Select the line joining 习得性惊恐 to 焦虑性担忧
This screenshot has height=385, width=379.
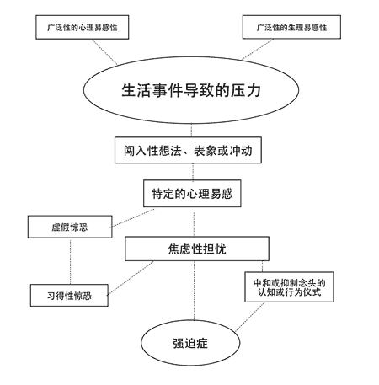pos(130,277)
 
